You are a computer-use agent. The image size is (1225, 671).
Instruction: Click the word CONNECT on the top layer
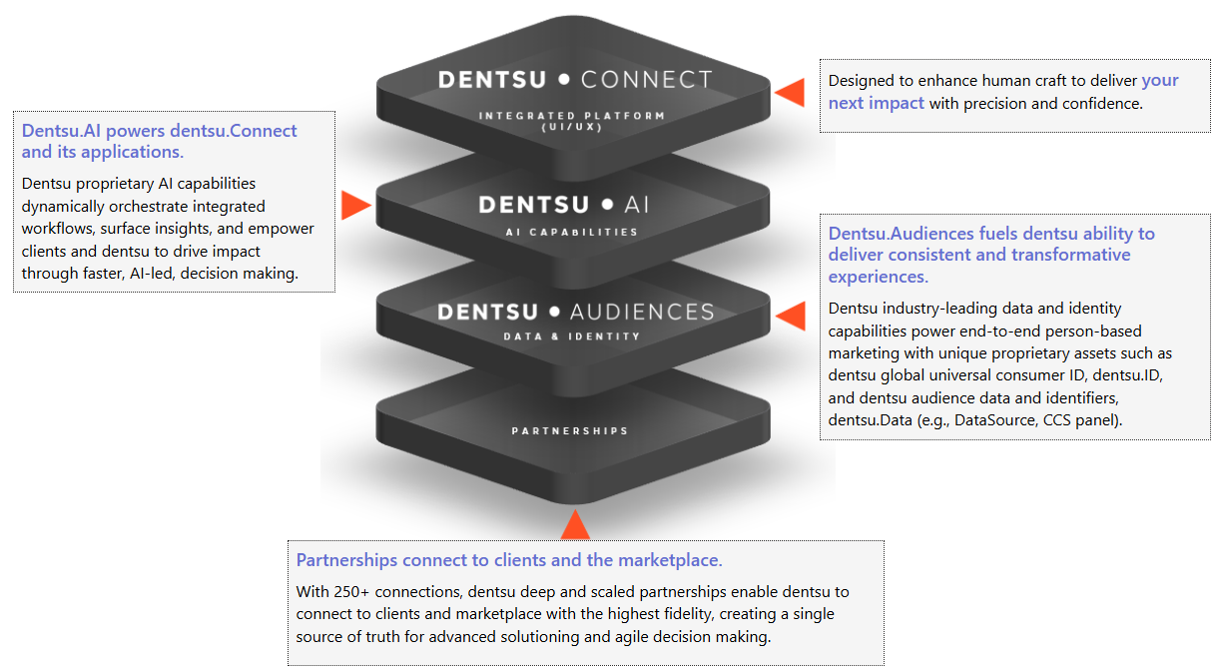tap(646, 80)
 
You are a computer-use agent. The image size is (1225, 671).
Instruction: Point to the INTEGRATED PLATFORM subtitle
tap(572, 116)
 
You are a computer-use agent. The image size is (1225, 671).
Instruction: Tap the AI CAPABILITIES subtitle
tap(572, 232)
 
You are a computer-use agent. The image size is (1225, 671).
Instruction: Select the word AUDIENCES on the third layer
tap(642, 313)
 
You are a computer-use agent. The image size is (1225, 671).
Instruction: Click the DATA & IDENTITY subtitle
tap(572, 336)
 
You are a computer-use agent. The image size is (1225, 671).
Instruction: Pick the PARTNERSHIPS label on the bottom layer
tap(570, 431)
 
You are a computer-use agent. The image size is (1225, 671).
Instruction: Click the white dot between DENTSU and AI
tap(607, 205)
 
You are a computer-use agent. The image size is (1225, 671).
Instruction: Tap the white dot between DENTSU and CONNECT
tap(564, 79)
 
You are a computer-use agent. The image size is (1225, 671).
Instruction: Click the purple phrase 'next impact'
tap(877, 103)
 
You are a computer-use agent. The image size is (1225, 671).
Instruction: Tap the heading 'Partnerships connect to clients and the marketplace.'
tap(509, 560)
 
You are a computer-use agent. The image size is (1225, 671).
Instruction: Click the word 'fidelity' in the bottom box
tap(686, 614)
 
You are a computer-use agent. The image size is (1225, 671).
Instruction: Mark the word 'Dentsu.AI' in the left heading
tap(61, 131)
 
